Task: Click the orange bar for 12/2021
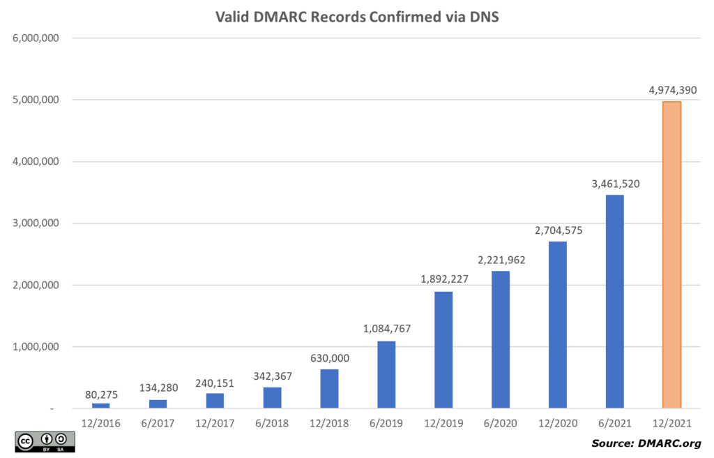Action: pos(671,255)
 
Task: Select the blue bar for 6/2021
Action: pos(614,302)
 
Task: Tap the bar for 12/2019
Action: pos(443,350)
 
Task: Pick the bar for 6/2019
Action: pos(386,375)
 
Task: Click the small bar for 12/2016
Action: pos(101,405)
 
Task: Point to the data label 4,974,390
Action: pos(671,90)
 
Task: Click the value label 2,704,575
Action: pos(557,230)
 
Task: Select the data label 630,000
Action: pos(329,358)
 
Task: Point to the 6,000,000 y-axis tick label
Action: pos(36,38)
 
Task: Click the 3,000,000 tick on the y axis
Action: pos(36,223)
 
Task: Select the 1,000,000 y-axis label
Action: pos(36,347)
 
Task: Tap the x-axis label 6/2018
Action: pos(272,423)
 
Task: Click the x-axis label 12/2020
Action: pos(557,423)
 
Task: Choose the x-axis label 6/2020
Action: pos(500,423)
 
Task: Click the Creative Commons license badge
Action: pos(45,441)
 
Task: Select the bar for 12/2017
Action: pos(215,401)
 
